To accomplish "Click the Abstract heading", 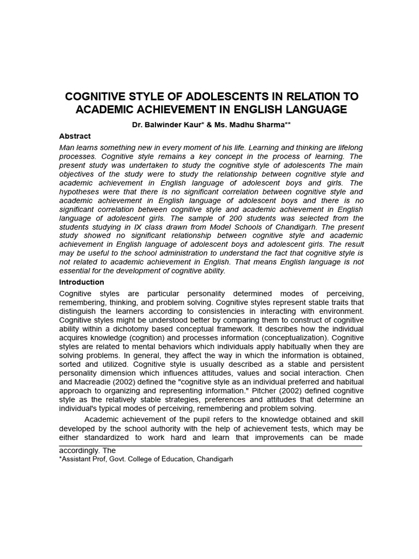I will coord(75,136).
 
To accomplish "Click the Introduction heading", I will coord(81,282).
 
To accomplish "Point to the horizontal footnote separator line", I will coord(210,445).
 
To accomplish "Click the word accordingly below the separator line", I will coord(78,451).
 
